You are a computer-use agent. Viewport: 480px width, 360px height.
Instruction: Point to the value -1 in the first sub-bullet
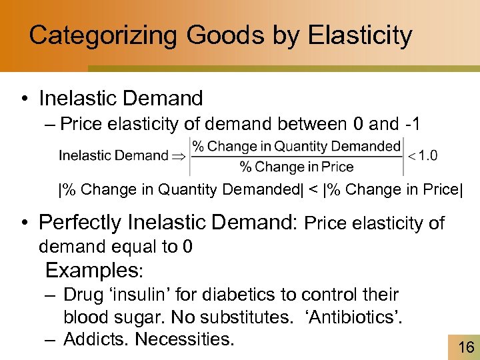coord(413,124)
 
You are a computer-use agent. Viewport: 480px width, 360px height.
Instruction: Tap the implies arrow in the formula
coord(179,156)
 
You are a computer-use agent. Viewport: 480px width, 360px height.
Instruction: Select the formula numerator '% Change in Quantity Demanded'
coord(297,146)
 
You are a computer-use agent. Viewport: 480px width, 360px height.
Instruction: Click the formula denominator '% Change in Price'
coord(297,167)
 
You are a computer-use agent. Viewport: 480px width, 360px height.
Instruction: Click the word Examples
coord(91,271)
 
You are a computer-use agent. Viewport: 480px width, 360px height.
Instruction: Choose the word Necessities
coord(185,339)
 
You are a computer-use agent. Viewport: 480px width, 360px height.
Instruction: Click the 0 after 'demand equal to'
coord(187,247)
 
